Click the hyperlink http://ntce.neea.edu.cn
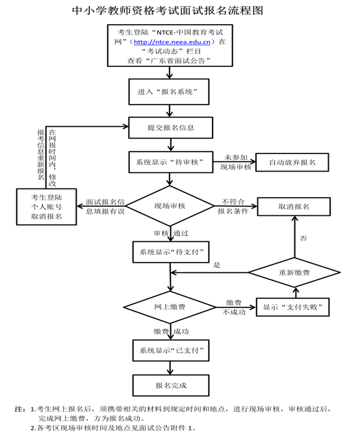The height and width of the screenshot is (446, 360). point(172,42)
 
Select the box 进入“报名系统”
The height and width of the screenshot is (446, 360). point(169,92)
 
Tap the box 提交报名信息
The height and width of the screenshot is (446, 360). point(171,127)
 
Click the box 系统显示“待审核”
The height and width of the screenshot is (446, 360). point(171,162)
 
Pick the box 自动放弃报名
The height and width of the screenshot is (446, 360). point(292,163)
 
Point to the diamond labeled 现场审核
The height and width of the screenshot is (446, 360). point(170,205)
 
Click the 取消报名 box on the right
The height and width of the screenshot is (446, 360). point(294,207)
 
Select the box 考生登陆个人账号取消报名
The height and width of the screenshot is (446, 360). point(46,207)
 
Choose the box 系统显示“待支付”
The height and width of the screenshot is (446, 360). point(171,252)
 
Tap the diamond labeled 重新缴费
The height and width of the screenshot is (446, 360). point(294,272)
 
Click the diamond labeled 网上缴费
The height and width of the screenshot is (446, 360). point(170,307)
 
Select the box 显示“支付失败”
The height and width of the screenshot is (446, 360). point(293,307)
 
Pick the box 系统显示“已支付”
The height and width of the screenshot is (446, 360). point(171,350)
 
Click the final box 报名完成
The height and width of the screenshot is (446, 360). point(171,386)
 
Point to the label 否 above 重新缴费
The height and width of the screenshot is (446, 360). point(303,238)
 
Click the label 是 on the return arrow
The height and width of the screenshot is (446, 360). point(217,265)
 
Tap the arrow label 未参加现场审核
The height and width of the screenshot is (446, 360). point(236,162)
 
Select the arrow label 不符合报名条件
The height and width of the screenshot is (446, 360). point(233,206)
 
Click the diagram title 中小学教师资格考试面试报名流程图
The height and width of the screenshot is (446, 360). point(168,10)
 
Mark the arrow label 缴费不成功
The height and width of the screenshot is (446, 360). point(234,308)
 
